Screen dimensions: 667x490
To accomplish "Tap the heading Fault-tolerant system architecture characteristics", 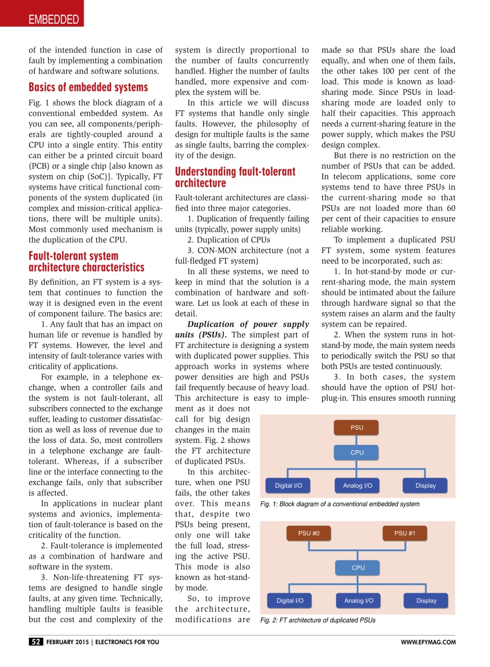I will pos(86,262).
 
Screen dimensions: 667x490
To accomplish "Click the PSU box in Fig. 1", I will pos(357,427).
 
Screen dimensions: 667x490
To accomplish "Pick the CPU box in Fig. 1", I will pos(357,452).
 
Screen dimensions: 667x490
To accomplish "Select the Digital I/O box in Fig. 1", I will pos(288,486).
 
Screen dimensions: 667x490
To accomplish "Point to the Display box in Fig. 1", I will pos(425,486).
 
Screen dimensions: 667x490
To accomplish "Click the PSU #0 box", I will pos(309,533).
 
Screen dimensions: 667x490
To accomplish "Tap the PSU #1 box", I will pos(404,533).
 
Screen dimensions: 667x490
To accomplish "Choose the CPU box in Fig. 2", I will pos(358,567).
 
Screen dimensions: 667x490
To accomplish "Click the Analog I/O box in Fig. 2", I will pos(358,600).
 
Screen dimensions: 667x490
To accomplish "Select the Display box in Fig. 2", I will pos(426,600).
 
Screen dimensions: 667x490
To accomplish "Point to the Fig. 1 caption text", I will pos(340,504).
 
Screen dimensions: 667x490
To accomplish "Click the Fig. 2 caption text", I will pos(318,620).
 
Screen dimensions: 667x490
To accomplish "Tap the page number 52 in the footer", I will pos(36,642).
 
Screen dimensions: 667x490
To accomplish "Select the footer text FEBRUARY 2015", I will pos(68,642).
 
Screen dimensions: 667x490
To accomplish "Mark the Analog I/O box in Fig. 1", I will pos(357,486).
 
